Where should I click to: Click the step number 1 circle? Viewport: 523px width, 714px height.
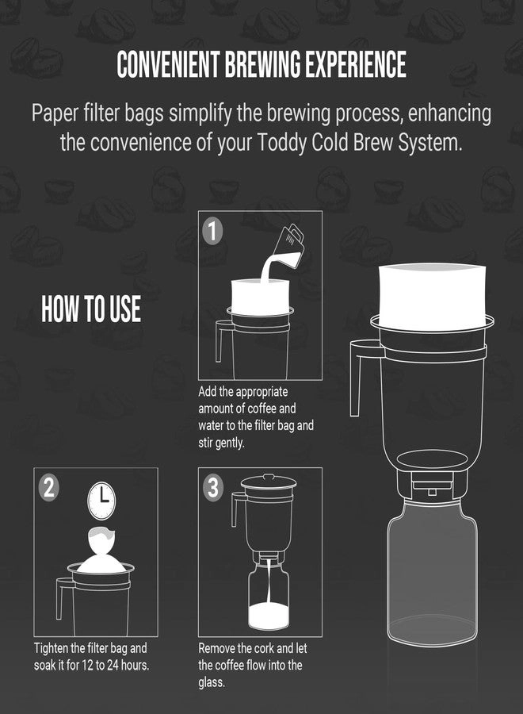[212, 231]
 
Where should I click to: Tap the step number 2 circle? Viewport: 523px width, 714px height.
[48, 487]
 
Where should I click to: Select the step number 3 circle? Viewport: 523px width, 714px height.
[212, 487]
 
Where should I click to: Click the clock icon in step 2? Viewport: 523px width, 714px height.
[101, 500]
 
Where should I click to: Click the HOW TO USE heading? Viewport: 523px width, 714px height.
[91, 309]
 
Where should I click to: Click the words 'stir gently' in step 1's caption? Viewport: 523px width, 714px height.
[221, 443]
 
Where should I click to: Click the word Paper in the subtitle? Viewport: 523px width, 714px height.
[56, 113]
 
